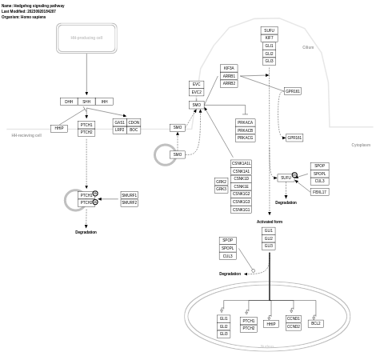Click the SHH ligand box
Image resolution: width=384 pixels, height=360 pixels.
click(x=86, y=102)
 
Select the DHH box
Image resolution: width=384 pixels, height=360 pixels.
click(x=69, y=102)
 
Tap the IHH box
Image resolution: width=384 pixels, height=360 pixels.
click(x=104, y=102)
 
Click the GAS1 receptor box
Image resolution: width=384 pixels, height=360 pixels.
click(x=119, y=122)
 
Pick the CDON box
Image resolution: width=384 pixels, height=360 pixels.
click(x=134, y=122)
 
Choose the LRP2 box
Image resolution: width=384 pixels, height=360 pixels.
click(x=119, y=130)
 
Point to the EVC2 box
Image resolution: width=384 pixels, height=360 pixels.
click(x=196, y=92)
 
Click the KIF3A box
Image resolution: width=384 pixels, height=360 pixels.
click(x=229, y=69)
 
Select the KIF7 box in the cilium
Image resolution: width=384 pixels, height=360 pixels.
click(x=269, y=38)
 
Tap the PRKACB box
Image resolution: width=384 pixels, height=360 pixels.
click(x=245, y=130)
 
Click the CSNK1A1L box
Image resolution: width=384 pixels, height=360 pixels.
click(x=241, y=163)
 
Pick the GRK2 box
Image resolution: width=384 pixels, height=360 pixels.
click(x=221, y=182)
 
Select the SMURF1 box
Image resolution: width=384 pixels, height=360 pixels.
click(x=129, y=195)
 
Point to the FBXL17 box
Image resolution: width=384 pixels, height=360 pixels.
click(x=319, y=192)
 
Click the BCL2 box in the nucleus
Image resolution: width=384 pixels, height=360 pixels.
click(x=315, y=323)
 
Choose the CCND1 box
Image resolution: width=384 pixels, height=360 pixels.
click(x=293, y=318)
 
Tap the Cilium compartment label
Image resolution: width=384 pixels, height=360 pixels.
click(x=308, y=47)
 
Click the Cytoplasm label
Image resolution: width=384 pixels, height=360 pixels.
click(x=361, y=145)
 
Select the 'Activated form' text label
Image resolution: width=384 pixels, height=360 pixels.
click(x=269, y=222)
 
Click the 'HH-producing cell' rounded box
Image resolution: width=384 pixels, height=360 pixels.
click(x=86, y=38)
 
